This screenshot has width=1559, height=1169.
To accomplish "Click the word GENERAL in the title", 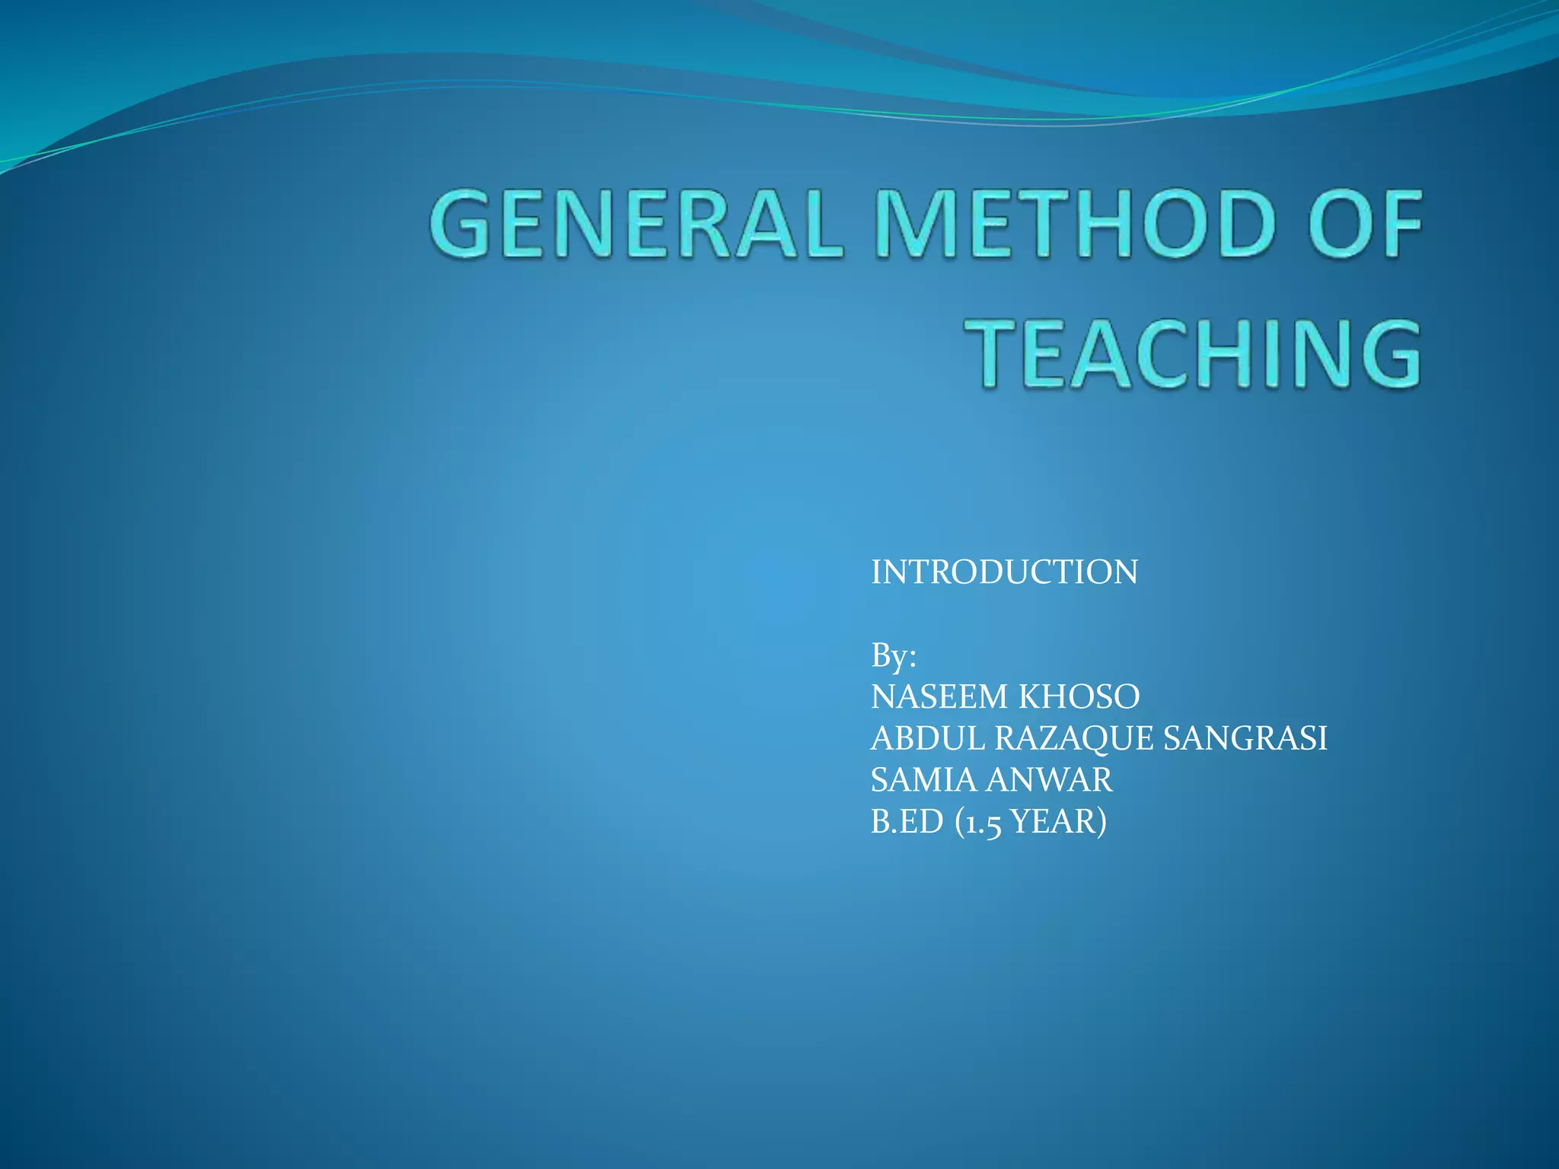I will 636,225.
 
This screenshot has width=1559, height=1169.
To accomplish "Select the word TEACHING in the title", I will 1198,355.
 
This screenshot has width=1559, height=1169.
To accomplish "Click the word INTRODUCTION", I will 1004,572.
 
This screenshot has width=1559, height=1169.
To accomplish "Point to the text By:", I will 893,655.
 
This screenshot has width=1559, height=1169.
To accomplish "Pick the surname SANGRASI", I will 1245,738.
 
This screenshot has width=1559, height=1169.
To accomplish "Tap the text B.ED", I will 907,822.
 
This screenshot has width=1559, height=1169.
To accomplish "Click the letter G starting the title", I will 461,225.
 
